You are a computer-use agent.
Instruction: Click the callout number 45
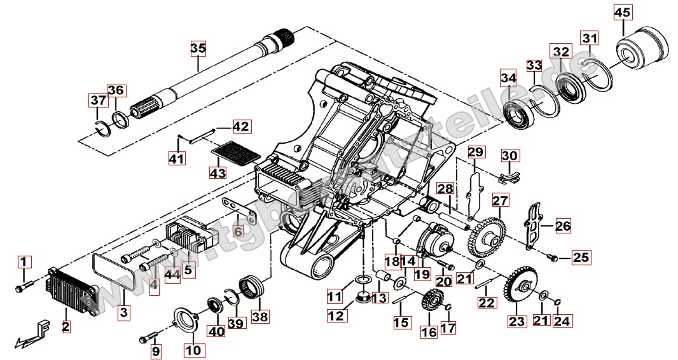point(623,12)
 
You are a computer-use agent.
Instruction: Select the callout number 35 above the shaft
point(198,48)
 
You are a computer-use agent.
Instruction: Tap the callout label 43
point(218,172)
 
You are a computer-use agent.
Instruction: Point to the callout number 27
point(500,200)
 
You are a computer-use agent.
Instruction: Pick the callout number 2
point(65,327)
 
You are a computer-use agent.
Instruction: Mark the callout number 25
point(581,258)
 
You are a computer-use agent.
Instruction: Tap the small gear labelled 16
point(432,300)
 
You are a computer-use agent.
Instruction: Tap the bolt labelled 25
point(553,258)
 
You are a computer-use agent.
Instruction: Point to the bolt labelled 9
point(150,334)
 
